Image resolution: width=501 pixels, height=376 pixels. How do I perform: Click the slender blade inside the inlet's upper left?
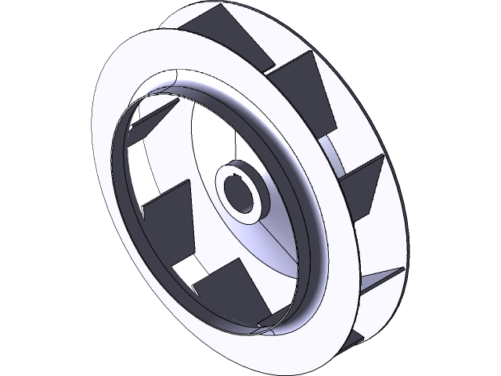[149, 118]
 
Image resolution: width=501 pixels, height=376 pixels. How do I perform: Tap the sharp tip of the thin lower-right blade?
[403, 269]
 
